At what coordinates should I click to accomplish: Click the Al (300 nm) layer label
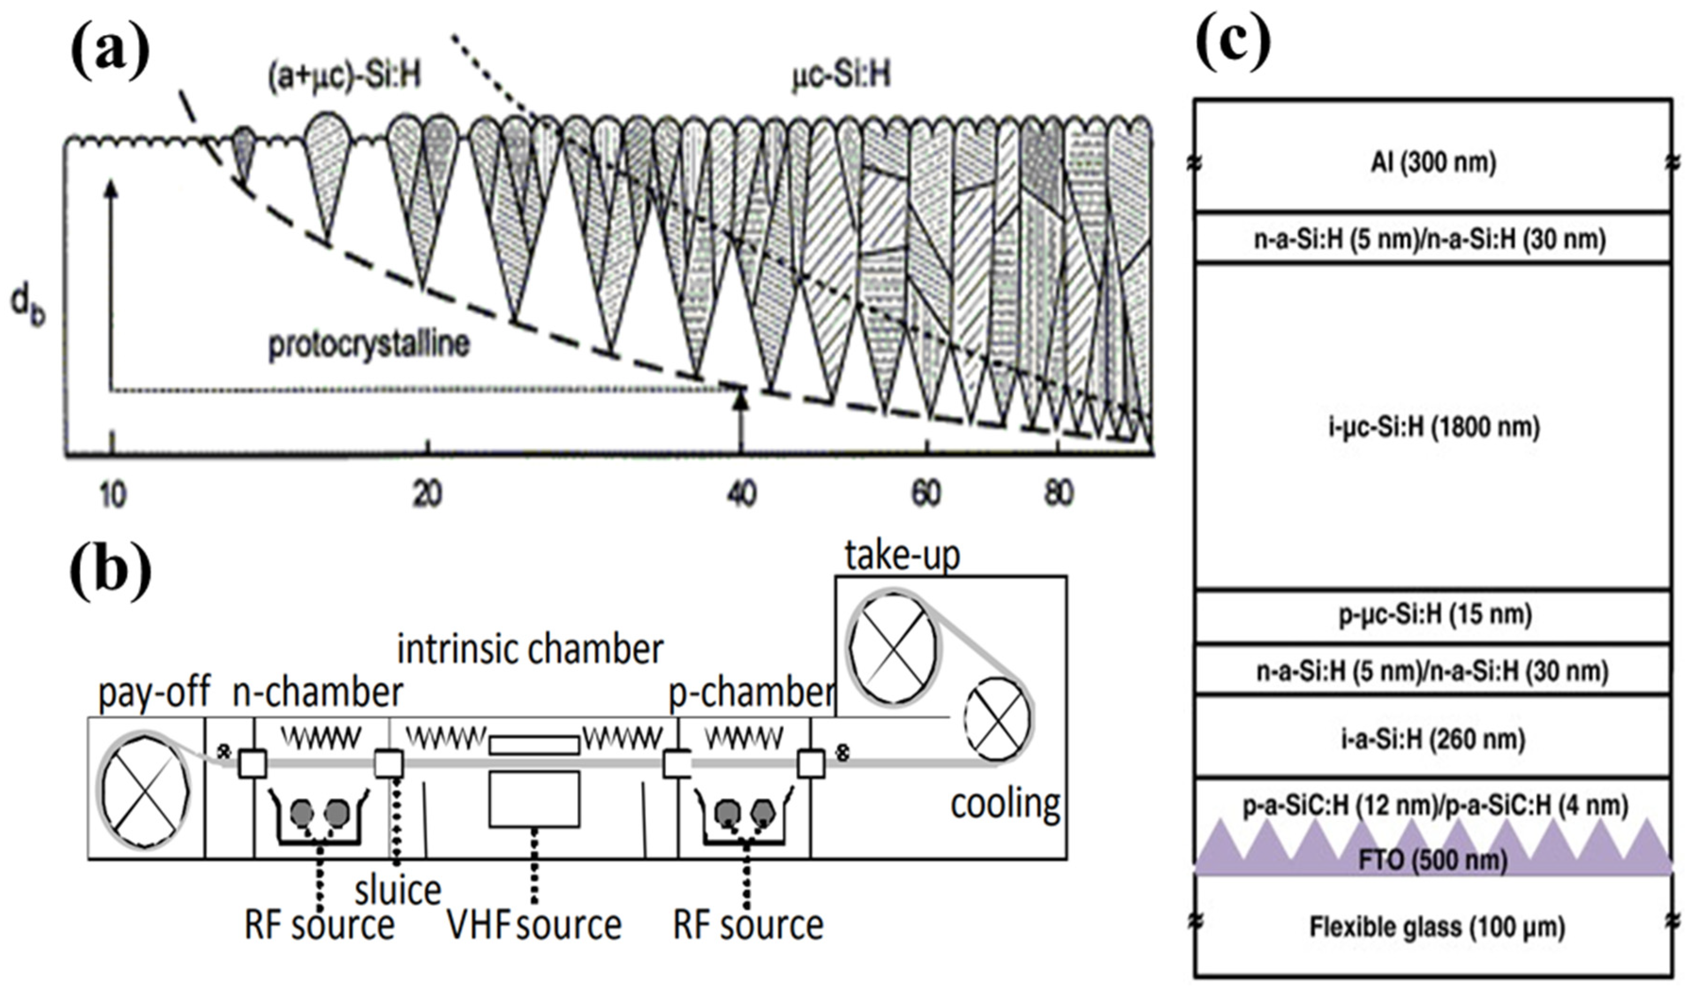[1433, 163]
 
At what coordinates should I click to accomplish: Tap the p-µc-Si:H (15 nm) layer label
[1433, 615]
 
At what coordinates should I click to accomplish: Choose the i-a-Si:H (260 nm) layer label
[1433, 740]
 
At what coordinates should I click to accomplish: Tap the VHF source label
[534, 925]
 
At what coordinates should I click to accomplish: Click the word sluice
[398, 890]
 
